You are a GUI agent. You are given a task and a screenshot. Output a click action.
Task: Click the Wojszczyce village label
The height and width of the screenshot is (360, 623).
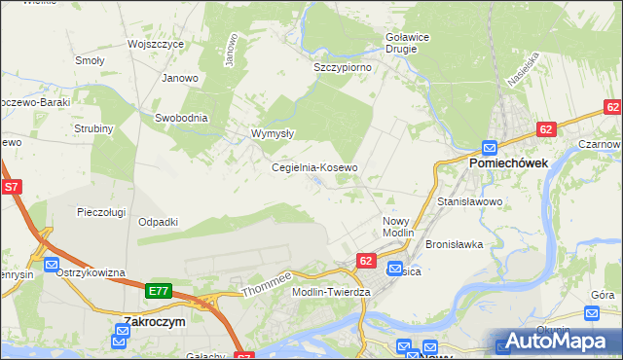click(156, 44)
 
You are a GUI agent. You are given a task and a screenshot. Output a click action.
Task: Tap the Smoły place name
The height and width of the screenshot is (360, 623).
click(91, 60)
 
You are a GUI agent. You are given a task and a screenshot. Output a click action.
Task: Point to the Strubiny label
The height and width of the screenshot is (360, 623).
click(94, 128)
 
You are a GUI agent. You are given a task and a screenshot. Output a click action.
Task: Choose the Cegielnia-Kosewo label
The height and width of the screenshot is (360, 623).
click(314, 167)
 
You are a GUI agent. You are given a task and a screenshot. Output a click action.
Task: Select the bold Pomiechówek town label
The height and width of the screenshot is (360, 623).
click(510, 163)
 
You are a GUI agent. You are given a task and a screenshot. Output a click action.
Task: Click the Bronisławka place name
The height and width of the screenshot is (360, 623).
click(455, 244)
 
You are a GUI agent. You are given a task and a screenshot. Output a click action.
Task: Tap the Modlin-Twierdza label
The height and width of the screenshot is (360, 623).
click(332, 292)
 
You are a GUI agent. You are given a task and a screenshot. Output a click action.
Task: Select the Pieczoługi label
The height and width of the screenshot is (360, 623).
click(104, 211)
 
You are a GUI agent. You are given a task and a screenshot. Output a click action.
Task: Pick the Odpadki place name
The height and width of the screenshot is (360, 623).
click(158, 222)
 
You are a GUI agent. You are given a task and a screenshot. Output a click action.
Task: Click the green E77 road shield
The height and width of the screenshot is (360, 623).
click(160, 291)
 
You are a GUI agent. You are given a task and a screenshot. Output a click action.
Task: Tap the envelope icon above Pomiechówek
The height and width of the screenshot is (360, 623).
click(489, 147)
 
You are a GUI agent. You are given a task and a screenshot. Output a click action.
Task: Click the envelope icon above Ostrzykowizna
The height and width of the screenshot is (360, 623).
click(52, 264)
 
